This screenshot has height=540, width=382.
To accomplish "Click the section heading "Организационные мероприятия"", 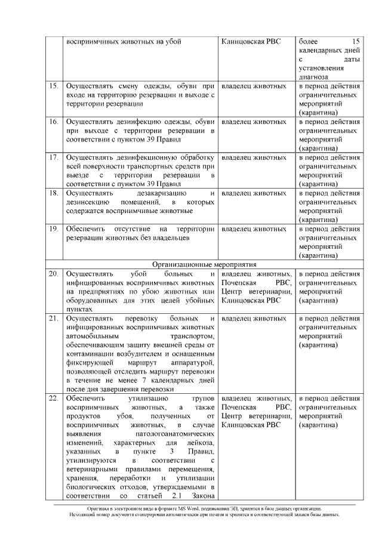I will coord(204,264).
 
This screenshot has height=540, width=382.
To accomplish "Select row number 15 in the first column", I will coord(54,87).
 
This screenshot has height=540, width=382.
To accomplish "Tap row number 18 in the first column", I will coord(54,194).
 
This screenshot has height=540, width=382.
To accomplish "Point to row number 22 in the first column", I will coord(54,398).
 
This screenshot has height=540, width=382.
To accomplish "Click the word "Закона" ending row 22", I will coord(202,496).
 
